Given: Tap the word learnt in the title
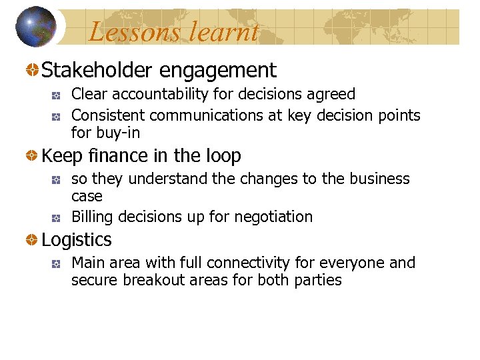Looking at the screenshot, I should pos(224,31).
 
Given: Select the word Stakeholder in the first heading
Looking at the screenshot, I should pos(98,70).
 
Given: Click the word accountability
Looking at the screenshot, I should pos(164,95).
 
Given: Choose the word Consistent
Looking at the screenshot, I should pos(108,115).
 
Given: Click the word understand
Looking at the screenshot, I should pos(168,179).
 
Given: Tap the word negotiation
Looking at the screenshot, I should pos(273,217).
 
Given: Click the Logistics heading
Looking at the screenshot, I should pos(77,240).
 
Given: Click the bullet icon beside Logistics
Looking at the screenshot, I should pos(32,240).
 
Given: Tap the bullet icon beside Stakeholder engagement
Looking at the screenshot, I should pos(32,70).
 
